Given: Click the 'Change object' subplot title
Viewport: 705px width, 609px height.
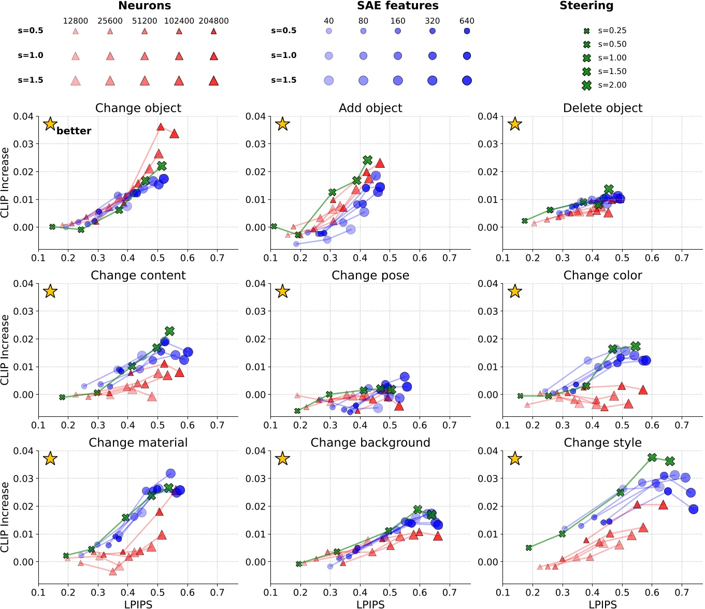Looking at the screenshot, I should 138,108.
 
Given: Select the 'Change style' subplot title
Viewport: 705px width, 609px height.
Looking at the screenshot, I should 602,442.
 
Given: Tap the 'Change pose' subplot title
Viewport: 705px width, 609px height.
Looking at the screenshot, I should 370,275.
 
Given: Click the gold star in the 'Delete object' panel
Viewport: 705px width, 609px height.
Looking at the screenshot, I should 514,124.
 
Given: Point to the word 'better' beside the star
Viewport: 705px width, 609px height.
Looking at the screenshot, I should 74,131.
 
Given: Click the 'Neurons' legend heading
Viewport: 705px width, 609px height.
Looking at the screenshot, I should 145,6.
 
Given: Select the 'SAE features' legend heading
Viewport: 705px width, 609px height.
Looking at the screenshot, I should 397,6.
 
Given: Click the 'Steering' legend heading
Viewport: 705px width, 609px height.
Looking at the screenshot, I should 586,6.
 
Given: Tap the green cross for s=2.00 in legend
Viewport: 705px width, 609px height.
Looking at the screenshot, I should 586,85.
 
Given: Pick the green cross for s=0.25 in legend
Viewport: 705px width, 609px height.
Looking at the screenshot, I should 586,31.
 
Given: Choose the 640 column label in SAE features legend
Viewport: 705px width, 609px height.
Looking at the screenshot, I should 467,21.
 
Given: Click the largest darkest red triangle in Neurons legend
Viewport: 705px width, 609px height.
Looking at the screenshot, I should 213,80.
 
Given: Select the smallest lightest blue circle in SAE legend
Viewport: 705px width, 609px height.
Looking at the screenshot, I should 329,31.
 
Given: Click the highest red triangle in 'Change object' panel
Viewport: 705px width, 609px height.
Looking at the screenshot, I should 161,127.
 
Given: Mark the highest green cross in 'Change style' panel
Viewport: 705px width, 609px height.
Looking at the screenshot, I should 652,457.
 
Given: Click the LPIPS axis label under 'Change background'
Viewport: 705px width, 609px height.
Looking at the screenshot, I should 370,603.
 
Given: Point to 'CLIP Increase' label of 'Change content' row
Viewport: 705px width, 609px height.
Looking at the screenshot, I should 5,350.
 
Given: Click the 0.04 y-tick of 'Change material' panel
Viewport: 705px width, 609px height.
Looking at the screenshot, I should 24,451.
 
